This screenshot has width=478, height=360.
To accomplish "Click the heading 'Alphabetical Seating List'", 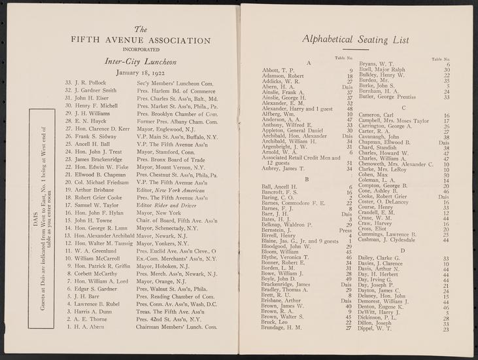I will tap(351, 40).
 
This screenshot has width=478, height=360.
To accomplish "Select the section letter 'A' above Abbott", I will tap(307, 62).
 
